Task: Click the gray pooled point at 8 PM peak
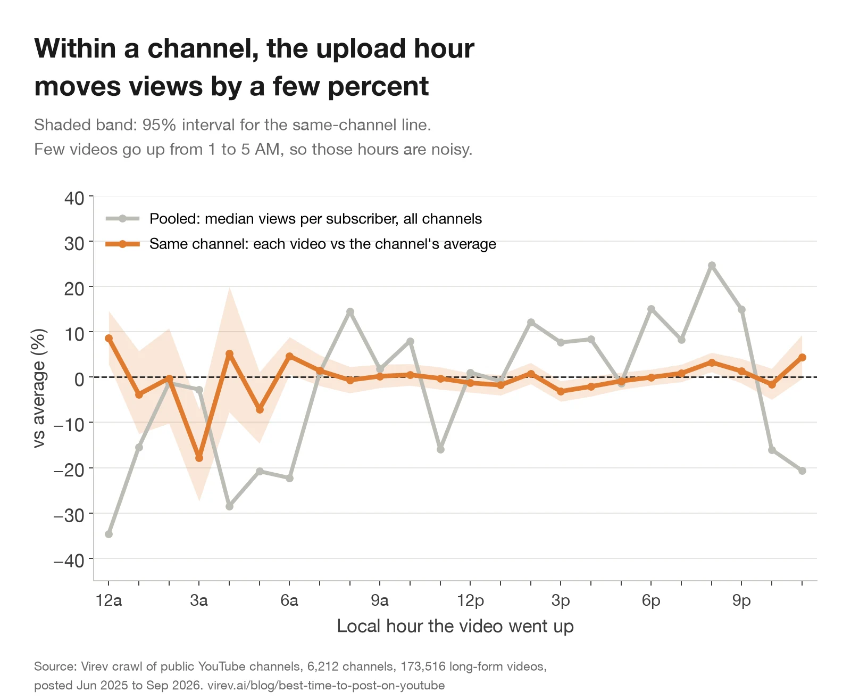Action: tap(712, 266)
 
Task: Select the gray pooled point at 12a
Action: tap(109, 533)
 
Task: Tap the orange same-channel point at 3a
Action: tap(199, 458)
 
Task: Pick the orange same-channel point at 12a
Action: tap(109, 338)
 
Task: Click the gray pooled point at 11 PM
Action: tap(802, 471)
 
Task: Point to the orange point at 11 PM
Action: tap(802, 357)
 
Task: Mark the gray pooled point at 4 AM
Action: tap(229, 506)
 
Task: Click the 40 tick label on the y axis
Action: tap(74, 199)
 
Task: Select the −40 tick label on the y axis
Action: tap(69, 561)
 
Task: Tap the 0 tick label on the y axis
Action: tap(79, 380)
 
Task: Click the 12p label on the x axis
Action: tap(470, 600)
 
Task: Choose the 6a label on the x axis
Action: tap(289, 600)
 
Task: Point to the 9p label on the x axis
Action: tap(741, 600)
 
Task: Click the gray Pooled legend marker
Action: tap(123, 219)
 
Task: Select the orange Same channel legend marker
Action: tap(123, 244)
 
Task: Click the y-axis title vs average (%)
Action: tap(39, 388)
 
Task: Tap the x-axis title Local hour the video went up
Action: tap(455, 626)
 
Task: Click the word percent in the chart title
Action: tap(378, 86)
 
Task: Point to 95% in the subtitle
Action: tap(159, 125)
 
